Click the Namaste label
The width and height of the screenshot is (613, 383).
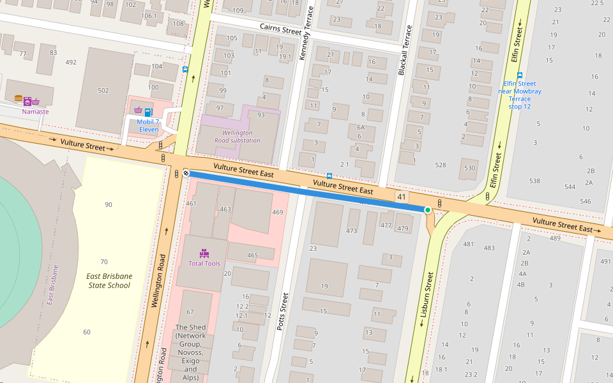[x=35, y=112]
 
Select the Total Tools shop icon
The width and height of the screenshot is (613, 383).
[x=204, y=253]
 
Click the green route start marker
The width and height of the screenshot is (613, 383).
[x=427, y=209]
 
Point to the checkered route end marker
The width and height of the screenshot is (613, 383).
[x=186, y=172]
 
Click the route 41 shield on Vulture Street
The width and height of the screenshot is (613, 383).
[x=402, y=197]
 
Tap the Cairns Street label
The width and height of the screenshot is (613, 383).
[x=280, y=28]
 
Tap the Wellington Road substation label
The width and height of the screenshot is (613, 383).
[x=238, y=136]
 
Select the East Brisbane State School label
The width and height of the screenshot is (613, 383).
[x=109, y=281]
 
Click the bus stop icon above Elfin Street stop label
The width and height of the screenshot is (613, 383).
[x=520, y=75]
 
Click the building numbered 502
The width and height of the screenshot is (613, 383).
[x=103, y=90]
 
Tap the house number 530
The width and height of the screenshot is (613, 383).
[x=469, y=168]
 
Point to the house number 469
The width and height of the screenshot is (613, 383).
[x=277, y=212]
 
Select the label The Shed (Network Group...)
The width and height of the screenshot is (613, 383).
[x=190, y=348]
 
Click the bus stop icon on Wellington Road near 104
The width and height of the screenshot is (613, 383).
[x=185, y=69]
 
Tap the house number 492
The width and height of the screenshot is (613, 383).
[x=71, y=62]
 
